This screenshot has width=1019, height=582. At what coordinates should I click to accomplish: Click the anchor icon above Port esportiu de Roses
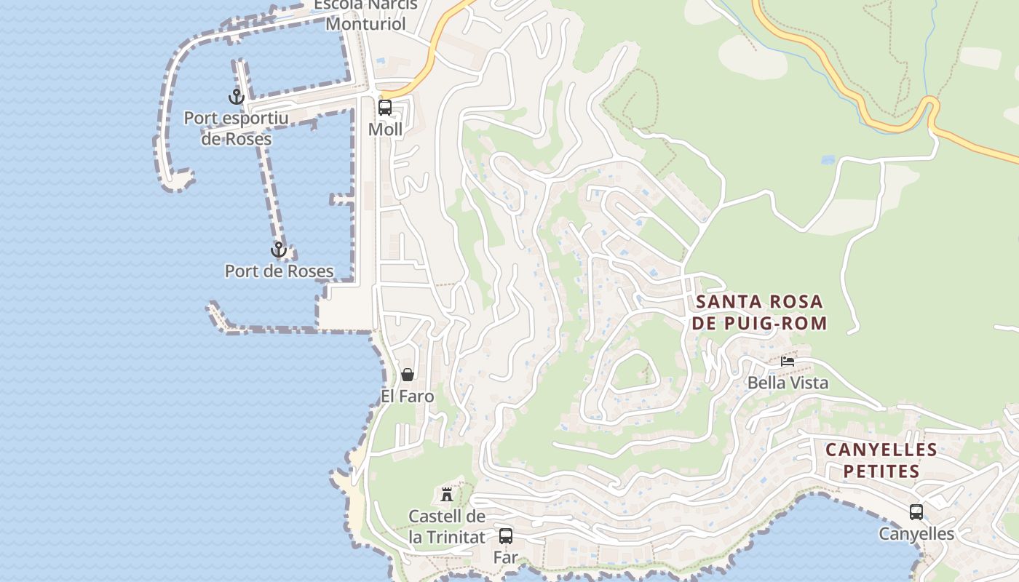[236, 96]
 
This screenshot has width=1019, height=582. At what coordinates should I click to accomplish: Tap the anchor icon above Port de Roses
[278, 250]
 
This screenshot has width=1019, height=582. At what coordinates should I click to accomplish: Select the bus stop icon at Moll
[385, 108]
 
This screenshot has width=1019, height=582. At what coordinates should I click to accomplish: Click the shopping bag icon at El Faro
[408, 375]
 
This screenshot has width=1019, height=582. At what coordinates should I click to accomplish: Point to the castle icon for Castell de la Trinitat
[447, 495]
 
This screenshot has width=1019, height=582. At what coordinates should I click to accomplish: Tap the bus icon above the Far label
[506, 536]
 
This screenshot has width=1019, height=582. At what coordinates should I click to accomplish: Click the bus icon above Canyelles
[916, 512]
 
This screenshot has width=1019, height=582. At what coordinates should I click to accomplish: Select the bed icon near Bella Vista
[788, 361]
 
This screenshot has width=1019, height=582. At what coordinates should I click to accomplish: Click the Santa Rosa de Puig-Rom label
[759, 312]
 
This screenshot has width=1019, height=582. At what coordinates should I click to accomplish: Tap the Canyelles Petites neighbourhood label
[881, 461]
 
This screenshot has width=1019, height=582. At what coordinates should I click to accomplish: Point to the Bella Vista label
[788, 383]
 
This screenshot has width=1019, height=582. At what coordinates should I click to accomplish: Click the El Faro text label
[408, 396]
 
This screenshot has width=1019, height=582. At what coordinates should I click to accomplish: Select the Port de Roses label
[279, 271]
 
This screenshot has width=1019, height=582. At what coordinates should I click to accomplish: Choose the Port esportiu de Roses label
[237, 128]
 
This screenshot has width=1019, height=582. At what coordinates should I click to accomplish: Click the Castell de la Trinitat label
[447, 527]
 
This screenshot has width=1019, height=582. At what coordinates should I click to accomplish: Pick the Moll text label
[385, 129]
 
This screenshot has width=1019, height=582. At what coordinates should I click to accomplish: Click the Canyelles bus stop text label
[916, 534]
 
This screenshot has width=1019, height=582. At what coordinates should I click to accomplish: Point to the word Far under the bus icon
[506, 558]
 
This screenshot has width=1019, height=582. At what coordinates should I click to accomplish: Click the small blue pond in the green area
[828, 159]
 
